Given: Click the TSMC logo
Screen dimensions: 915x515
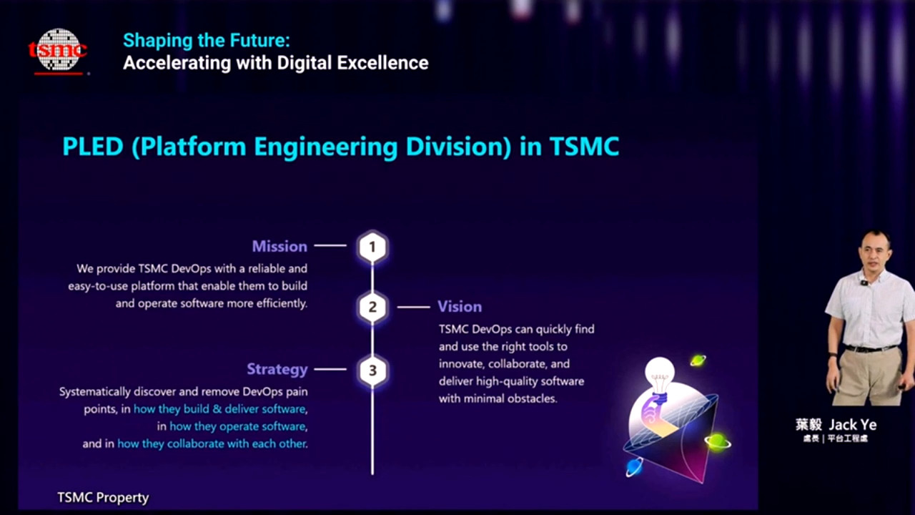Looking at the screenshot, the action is coord(58,51).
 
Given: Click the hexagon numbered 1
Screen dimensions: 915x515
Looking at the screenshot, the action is coord(372,247).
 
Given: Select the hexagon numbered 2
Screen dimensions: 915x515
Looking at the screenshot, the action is coord(372,307).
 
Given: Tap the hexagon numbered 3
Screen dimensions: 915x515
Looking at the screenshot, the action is coord(372,371).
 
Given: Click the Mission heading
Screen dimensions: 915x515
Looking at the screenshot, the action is coord(280,246).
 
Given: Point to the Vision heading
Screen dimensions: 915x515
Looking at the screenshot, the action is coord(460,307).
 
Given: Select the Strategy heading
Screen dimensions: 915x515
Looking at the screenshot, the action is coord(277,370).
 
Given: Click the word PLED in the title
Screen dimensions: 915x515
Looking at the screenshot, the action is coord(93,147).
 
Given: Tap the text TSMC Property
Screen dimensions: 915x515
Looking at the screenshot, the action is coord(103,497).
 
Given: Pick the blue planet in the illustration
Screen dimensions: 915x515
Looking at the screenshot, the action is coord(634,467).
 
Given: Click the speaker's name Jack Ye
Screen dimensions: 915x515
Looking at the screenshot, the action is coord(853,425).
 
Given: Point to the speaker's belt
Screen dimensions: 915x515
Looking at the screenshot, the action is coord(871,348).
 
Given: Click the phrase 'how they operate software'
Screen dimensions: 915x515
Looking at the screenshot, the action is coord(238,426).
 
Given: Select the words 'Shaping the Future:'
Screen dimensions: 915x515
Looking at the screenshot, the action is coord(207,41).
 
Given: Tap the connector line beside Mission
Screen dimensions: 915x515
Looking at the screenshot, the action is coord(330,245).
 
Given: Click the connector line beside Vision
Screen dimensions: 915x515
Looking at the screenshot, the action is coord(413,307).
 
